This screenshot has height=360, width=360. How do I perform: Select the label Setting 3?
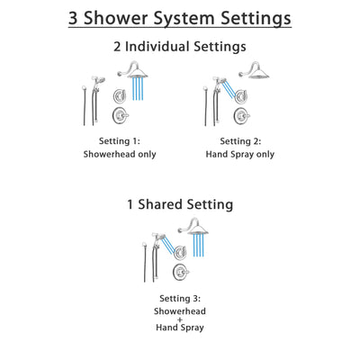(x=180, y=297)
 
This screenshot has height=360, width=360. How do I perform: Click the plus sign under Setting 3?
(x=180, y=320)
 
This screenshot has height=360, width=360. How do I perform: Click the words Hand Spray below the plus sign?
(x=180, y=330)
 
